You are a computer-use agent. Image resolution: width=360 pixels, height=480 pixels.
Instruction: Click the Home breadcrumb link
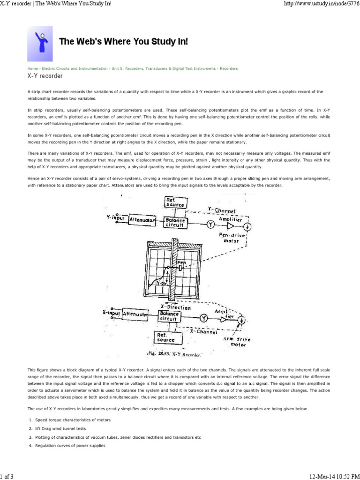click(32, 68)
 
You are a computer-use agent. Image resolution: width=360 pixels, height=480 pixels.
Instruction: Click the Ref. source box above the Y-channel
click(176, 202)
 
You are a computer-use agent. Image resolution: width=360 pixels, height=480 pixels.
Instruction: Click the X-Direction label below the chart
click(175, 307)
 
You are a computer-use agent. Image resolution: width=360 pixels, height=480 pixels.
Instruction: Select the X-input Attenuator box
click(135, 315)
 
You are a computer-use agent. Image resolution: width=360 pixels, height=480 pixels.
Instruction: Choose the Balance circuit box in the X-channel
click(169, 316)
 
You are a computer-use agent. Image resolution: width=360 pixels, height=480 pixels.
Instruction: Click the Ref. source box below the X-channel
click(165, 337)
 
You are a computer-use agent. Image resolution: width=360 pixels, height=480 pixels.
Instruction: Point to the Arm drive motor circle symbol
click(241, 320)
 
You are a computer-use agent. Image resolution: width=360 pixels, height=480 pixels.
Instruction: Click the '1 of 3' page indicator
click(7, 476)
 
